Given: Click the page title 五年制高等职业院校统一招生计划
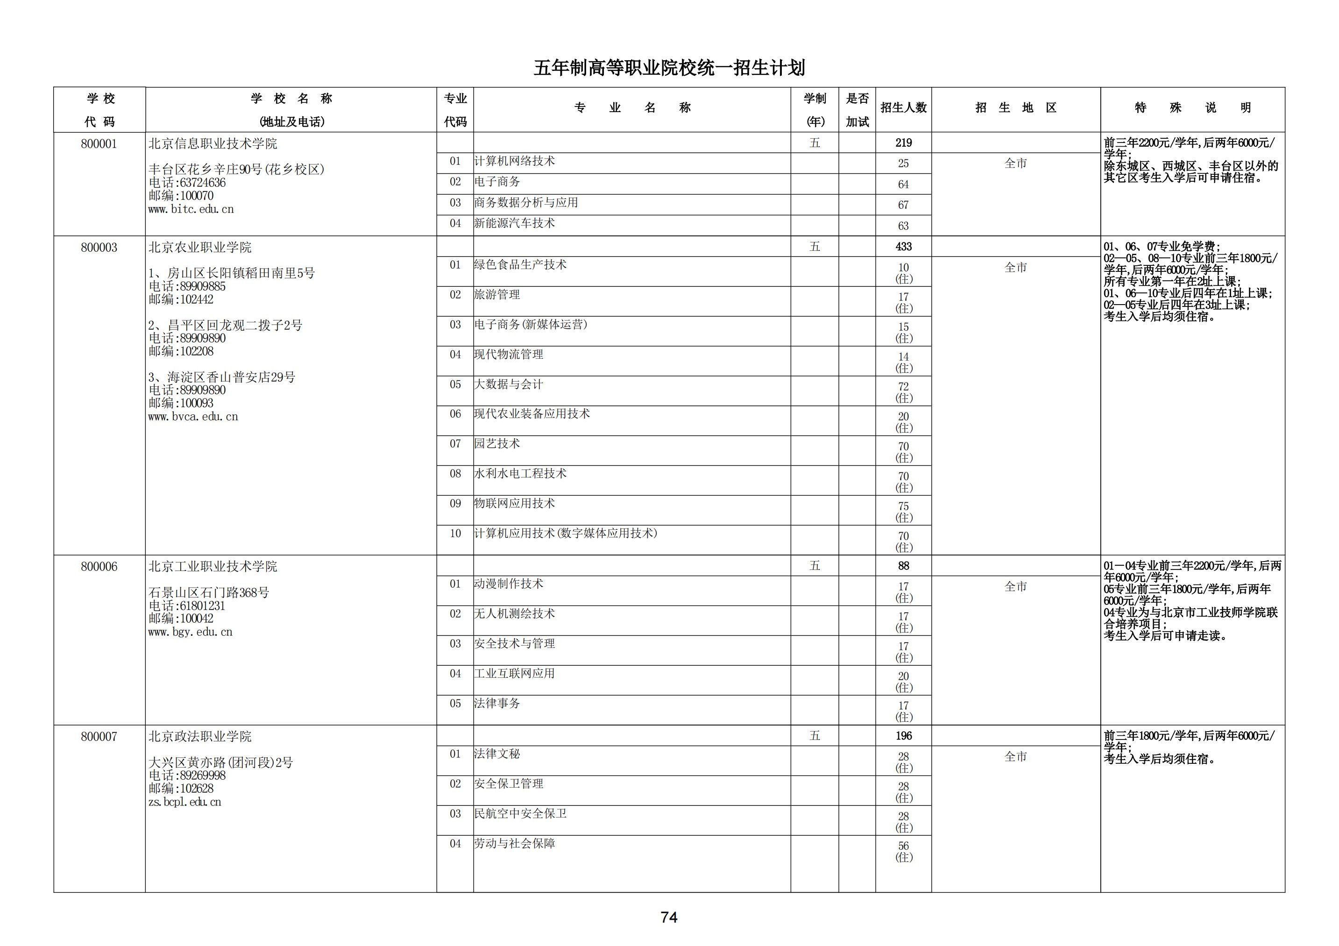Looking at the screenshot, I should (x=669, y=68).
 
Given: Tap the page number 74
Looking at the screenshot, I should (x=669, y=918).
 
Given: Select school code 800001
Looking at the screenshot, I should (x=99, y=144).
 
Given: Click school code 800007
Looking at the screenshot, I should (x=99, y=737).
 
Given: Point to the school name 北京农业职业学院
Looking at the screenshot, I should (x=200, y=247).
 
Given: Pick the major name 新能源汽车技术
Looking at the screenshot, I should (x=514, y=223).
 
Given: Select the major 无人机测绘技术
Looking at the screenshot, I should (x=514, y=613).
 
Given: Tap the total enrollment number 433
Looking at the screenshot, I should (x=903, y=247).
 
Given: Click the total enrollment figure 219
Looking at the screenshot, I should (x=903, y=143).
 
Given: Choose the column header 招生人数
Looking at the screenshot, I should (x=903, y=108).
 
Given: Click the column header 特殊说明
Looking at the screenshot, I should (x=1193, y=108).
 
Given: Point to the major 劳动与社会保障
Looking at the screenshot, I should (x=514, y=843).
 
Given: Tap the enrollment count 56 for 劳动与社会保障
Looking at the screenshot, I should (x=903, y=846).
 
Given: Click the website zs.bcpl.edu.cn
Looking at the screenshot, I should (x=185, y=802).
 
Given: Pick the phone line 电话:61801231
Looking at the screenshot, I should (x=187, y=606).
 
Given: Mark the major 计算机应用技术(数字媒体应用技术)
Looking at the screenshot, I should (x=565, y=533).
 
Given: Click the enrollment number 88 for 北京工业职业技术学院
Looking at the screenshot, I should (x=903, y=566).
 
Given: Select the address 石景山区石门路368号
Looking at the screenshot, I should (x=209, y=592).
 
